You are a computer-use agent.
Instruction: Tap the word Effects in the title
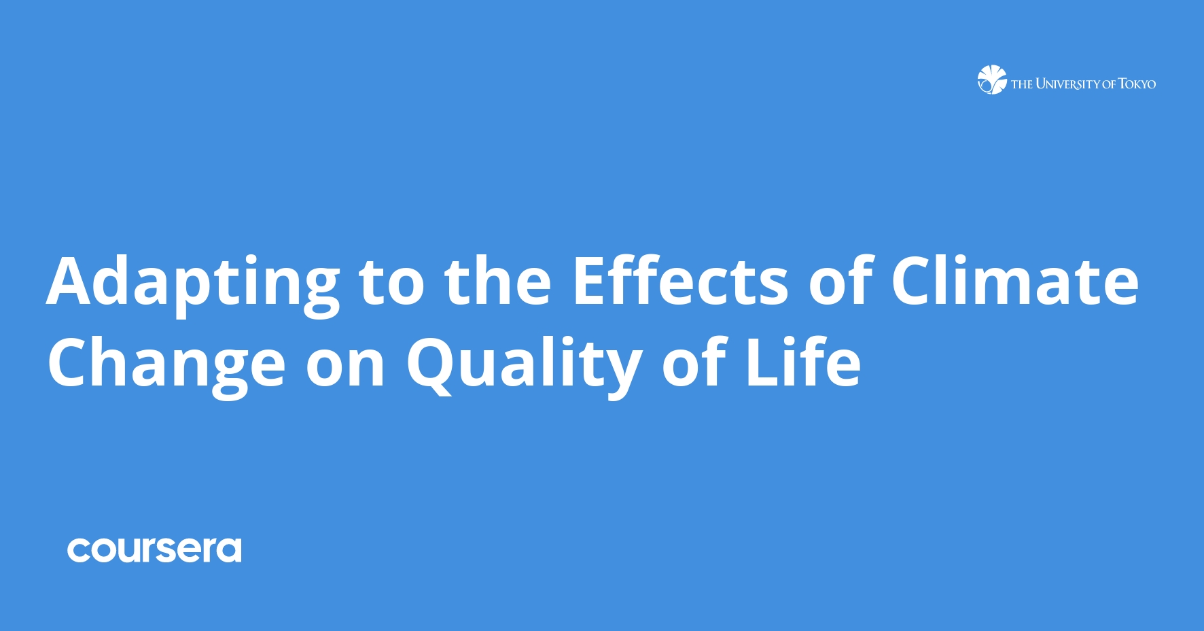click(680, 281)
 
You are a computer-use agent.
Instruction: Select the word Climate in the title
click(1014, 281)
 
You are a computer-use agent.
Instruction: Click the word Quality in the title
click(524, 364)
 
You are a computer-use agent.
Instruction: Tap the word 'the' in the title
click(497, 281)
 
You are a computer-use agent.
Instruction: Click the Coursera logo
click(154, 550)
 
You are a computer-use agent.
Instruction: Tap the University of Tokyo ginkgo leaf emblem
click(991, 80)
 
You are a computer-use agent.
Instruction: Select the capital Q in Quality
click(431, 364)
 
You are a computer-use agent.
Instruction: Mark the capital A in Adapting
click(73, 281)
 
